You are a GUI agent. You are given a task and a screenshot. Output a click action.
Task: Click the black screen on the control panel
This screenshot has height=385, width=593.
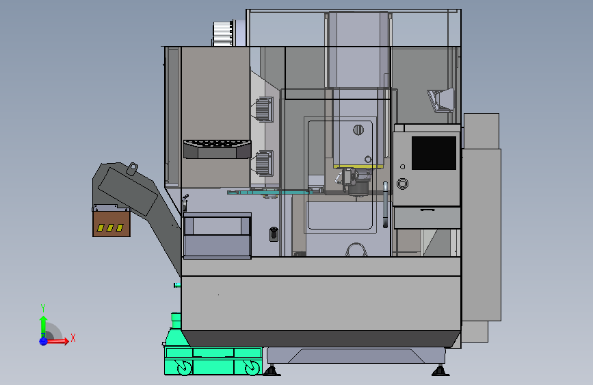pyautogui.click(x=434, y=153)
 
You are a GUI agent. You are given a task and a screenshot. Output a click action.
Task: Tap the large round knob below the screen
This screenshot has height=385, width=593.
pyautogui.click(x=402, y=184)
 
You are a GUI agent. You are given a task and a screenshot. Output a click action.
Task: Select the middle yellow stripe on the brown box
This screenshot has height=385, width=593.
pyautogui.click(x=110, y=227)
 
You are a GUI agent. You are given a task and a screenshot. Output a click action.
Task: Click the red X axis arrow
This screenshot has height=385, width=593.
pyautogui.click(x=57, y=341)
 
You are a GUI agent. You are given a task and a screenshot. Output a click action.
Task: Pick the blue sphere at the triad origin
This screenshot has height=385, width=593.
pyautogui.click(x=43, y=341)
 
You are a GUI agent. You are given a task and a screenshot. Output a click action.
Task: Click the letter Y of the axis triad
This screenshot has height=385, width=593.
pyautogui.click(x=43, y=308)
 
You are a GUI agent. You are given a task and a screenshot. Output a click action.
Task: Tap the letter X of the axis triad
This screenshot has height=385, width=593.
pyautogui.click(x=73, y=338)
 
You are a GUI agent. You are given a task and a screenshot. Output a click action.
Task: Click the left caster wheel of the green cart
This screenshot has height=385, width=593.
pyautogui.click(x=184, y=368)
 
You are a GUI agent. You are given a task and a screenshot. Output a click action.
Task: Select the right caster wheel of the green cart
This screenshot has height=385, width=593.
pyautogui.click(x=252, y=368)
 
